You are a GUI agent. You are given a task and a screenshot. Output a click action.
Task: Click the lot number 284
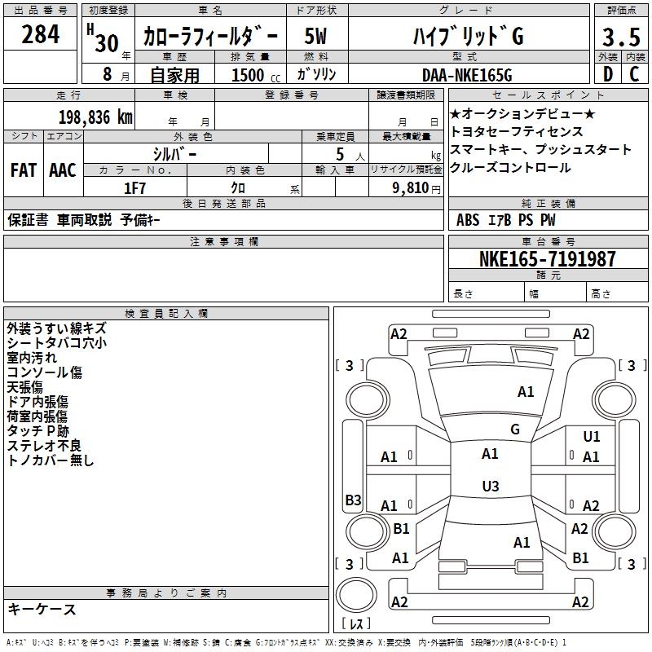coord(40,34)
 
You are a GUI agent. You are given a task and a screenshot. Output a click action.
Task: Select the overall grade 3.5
coord(621,37)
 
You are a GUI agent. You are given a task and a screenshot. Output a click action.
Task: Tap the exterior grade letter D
coord(608,74)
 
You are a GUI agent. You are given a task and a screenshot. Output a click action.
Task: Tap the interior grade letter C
coord(634,74)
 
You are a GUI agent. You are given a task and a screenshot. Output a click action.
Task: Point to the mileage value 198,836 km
coord(95,117)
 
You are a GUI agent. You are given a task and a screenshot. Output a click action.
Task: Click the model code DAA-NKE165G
coord(467,75)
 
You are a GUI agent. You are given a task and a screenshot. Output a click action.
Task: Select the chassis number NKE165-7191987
coord(547,259)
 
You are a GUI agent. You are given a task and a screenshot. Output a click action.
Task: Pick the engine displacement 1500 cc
coord(256,75)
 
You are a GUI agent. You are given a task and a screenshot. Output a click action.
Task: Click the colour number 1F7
coord(134,188)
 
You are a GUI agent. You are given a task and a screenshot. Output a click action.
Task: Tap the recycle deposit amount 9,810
coord(411,188)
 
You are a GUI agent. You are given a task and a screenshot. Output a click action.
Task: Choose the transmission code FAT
coord(24,170)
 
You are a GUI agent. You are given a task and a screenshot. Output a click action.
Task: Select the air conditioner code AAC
coord(63,170)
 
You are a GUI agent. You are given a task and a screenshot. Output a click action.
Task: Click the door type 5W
coord(315,36)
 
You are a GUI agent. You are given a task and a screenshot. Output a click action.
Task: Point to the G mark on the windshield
coord(515,429)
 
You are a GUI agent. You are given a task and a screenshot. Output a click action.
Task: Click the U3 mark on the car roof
coord(491,486)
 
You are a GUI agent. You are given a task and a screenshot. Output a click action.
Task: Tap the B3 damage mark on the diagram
coord(354,500)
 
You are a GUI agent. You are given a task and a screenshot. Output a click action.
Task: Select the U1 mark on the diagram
coord(592,437)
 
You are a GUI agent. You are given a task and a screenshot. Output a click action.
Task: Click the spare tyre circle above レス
coord(356,595)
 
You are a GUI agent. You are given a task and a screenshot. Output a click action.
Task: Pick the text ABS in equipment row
coord(468,220)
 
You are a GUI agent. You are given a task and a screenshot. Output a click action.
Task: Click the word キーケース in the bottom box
coord(42,610)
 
